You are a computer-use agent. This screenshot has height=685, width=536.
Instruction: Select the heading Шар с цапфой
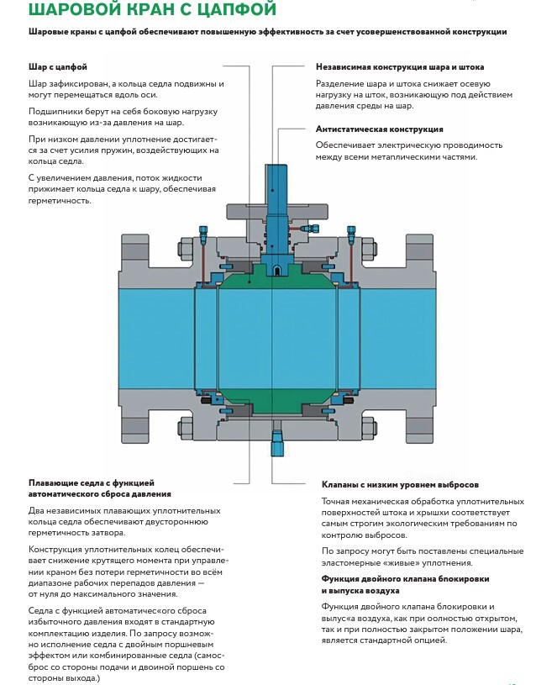[58, 66]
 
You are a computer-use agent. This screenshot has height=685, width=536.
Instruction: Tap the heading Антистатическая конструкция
[379, 129]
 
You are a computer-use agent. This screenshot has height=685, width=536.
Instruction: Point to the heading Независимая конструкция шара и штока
[400, 66]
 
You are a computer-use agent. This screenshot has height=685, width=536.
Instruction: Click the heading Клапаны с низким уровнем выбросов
[400, 485]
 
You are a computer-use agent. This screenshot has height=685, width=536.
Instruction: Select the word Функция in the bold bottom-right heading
[343, 579]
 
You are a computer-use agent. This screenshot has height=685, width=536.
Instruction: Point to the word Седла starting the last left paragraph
[43, 609]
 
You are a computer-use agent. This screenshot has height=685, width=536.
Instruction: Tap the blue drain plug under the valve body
[276, 443]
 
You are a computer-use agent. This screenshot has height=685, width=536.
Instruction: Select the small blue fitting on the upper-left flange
[202, 231]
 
